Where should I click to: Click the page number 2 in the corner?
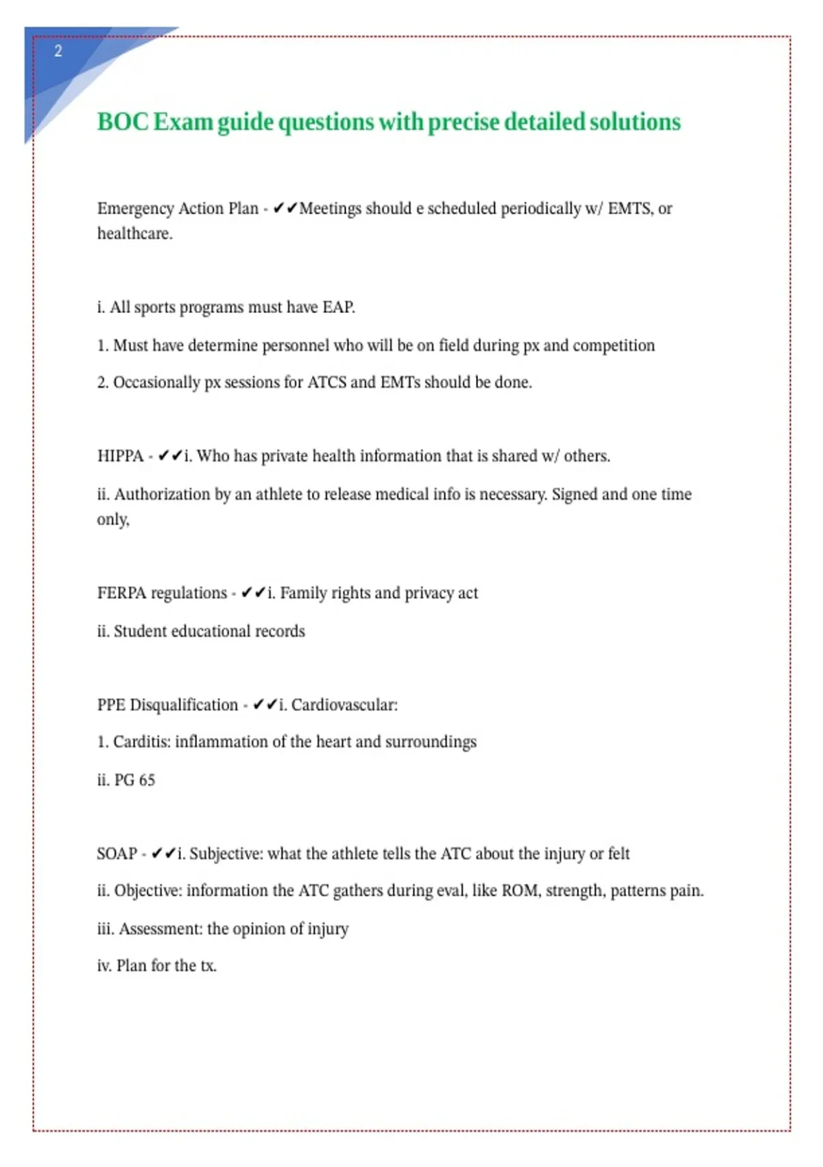pyautogui.click(x=58, y=51)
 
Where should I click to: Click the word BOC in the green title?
pyautogui.click(x=123, y=122)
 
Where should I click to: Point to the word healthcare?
pyautogui.click(x=134, y=234)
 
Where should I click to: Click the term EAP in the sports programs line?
pyautogui.click(x=338, y=308)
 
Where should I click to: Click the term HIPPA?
pyautogui.click(x=120, y=457)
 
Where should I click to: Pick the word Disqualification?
pyautogui.click(x=184, y=705)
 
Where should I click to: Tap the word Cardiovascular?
pyautogui.click(x=344, y=705)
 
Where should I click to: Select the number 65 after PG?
pyautogui.click(x=147, y=781)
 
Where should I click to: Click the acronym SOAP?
pyautogui.click(x=117, y=854)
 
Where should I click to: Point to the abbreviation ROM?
pyautogui.click(x=519, y=891)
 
